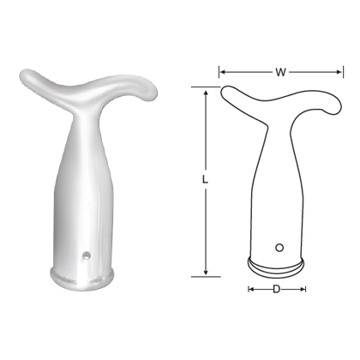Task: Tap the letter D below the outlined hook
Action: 276,290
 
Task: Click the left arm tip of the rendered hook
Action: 23,76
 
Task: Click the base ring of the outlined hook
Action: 276,263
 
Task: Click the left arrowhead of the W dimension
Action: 222,72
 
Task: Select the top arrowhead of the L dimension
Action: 207,89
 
